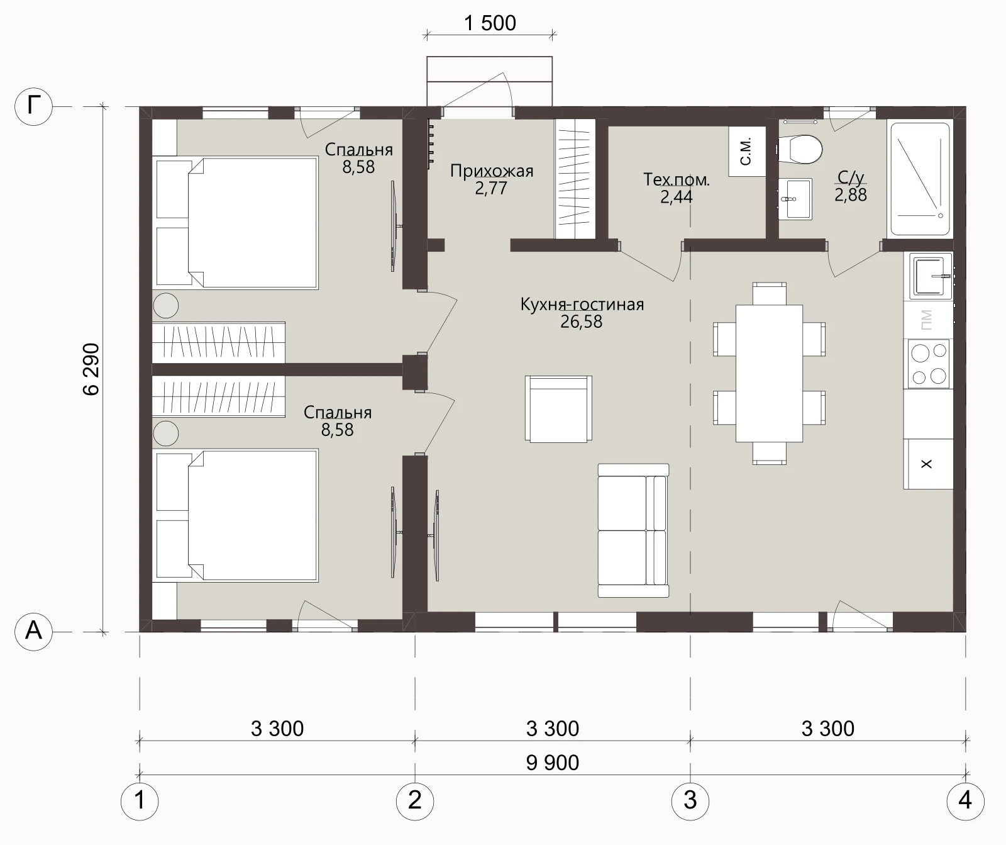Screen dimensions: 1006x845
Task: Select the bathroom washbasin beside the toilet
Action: coord(795,199)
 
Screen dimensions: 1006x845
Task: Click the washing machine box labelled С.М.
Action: coord(747,152)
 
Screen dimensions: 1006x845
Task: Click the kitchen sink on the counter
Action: coord(929,276)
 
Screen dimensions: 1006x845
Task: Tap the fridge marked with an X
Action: coord(927,464)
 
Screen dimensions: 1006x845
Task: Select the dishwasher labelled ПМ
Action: coord(928,320)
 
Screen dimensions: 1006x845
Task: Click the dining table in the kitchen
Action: coord(769,373)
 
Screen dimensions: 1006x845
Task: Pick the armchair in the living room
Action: coord(558,409)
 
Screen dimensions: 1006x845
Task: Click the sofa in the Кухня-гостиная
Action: coord(633,530)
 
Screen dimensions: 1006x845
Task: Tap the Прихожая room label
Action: coord(492,171)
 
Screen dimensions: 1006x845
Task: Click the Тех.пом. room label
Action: coord(677,180)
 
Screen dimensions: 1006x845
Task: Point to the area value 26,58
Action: coord(581,322)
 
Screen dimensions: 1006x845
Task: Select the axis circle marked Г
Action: coord(33,106)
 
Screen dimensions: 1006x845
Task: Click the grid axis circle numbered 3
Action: coord(690,801)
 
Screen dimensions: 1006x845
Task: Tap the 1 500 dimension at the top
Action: coord(490,23)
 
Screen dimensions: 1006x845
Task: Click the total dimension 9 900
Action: coord(553,763)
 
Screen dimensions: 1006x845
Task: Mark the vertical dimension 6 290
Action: coord(92,369)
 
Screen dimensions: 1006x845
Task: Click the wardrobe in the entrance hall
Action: coord(575,179)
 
